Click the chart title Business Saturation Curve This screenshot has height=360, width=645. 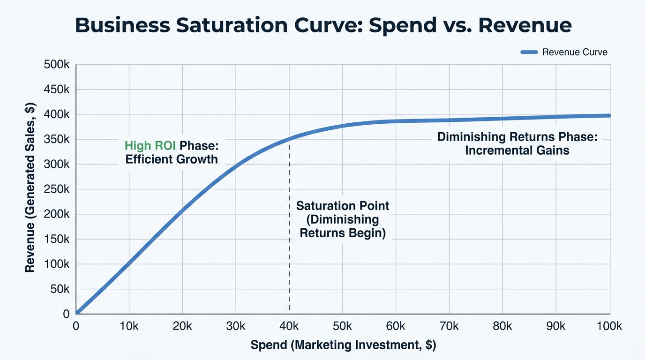coord(323,25)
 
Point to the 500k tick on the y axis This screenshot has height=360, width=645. coord(57,65)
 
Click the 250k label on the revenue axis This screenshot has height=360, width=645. coord(57,189)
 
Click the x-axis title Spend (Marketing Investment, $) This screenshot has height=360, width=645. coord(343,345)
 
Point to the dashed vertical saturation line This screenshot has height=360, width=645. coord(289,262)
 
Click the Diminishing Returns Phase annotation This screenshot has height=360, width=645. coord(517,137)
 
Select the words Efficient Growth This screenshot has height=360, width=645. coord(172,159)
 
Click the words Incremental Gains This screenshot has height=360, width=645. coord(517,150)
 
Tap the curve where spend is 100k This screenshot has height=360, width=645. coord(609,115)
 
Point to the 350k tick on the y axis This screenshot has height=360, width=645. coord(57,140)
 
